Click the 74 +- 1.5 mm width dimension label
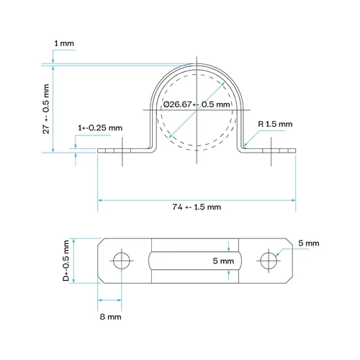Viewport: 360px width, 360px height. (197, 207)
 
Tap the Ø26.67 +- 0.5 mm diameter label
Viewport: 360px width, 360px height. (197, 104)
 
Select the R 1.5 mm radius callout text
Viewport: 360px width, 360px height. (275, 124)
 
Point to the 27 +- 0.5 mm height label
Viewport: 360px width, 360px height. (46, 109)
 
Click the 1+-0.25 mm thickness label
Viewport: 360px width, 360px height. (100, 127)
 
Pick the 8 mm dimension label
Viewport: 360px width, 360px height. (110, 317)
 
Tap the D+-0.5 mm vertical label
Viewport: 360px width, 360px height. (66, 261)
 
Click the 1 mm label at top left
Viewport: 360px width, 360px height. (64, 43)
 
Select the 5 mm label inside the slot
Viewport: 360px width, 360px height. (223, 261)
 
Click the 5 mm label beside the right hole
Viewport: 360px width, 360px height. (309, 243)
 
